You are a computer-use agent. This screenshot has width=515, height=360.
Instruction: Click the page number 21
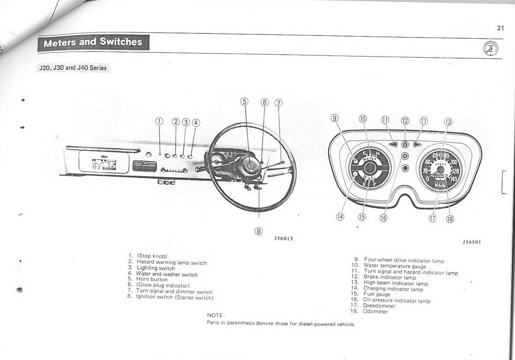(x=500, y=28)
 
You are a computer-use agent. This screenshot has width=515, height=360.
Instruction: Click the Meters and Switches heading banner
(x=93, y=43)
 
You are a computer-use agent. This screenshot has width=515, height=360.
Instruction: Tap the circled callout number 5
(x=245, y=101)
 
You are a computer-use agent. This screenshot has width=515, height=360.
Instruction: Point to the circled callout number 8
(x=259, y=231)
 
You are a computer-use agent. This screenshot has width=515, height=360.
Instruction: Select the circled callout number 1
(x=159, y=122)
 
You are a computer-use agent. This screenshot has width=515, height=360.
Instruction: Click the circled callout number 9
(x=335, y=118)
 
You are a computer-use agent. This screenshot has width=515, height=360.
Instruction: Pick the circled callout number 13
(x=448, y=122)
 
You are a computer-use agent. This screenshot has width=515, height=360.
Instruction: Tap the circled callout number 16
(x=383, y=217)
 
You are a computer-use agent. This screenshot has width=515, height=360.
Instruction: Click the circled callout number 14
(x=340, y=216)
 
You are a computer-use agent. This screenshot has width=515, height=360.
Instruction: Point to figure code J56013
(x=284, y=238)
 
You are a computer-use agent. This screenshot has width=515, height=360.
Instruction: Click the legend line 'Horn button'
(x=152, y=280)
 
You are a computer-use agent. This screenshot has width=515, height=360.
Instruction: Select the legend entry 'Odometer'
(x=375, y=312)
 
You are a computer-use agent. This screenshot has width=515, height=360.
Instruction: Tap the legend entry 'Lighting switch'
(x=156, y=268)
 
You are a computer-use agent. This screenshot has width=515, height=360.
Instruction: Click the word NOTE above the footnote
(x=216, y=315)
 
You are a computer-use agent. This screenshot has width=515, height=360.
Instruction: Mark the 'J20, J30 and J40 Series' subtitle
(x=73, y=68)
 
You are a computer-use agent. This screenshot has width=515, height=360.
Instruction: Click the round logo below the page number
(x=491, y=49)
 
